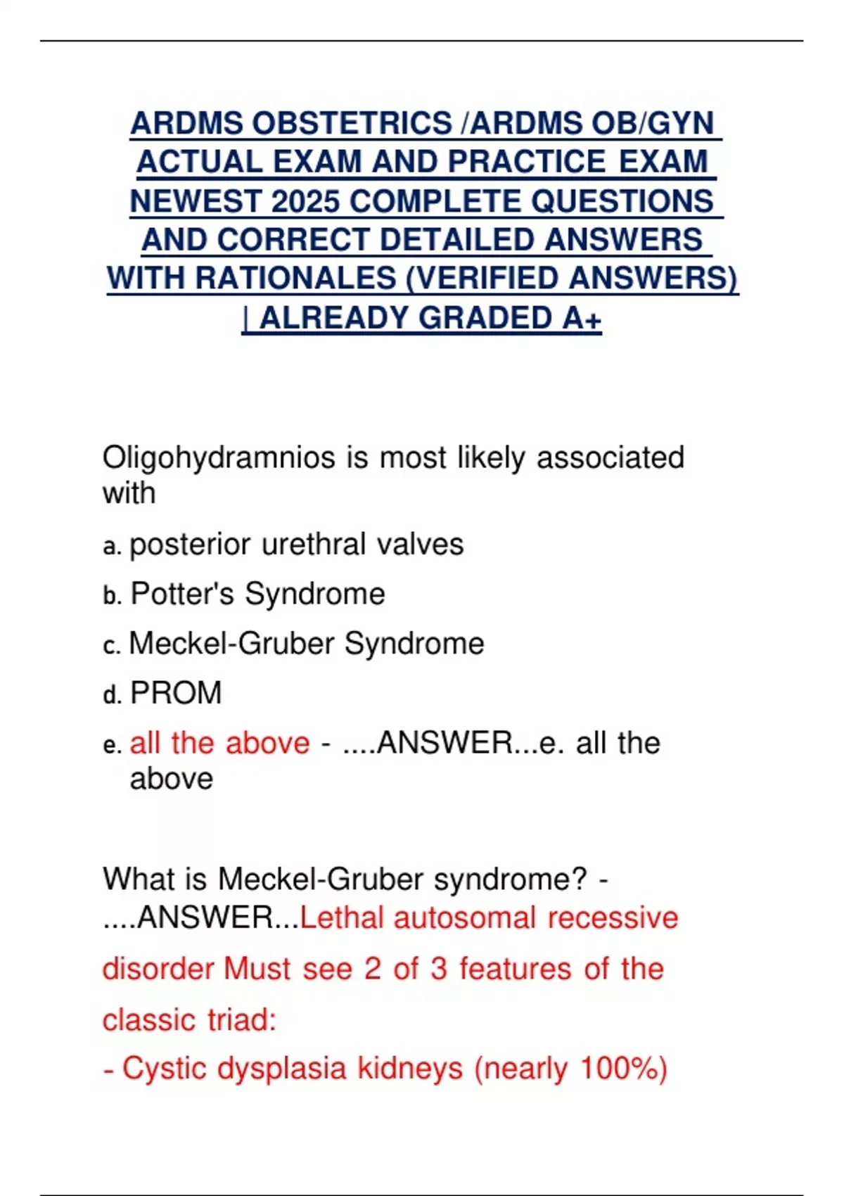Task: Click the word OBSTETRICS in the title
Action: pos(352,123)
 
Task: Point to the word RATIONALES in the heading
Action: pos(295,278)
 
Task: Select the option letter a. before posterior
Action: pos(112,547)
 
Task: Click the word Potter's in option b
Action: pos(183,594)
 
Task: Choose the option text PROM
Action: pos(176,693)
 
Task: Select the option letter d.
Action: pos(112,695)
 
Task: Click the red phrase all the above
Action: pos(219,743)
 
